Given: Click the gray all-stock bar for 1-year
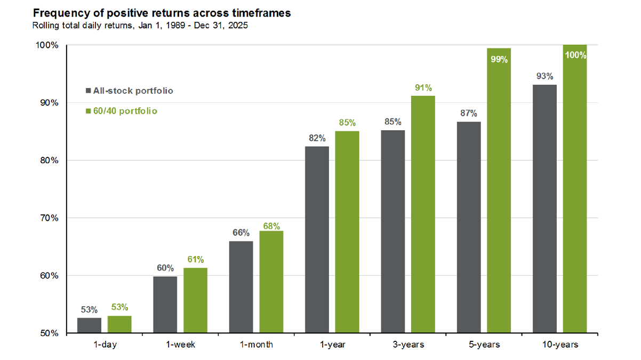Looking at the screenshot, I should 317,240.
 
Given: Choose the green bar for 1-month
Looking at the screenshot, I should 271,282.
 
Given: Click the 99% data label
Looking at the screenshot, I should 499,59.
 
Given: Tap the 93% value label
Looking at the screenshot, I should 545,76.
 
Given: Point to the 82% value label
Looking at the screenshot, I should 317,138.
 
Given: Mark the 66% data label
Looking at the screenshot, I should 241,233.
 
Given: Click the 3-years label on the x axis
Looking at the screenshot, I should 408,345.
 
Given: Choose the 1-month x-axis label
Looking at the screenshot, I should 256,345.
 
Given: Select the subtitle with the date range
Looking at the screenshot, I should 140,26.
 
